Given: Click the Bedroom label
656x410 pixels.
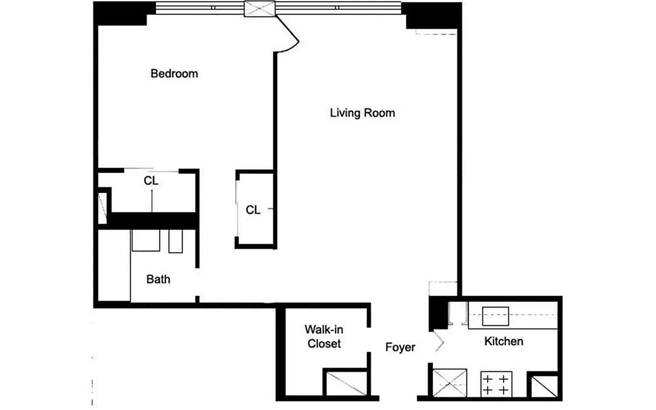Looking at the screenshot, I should pyautogui.click(x=174, y=74).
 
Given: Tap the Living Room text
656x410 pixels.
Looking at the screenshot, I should pyautogui.click(x=362, y=113).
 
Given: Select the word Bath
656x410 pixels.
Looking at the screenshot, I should pyautogui.click(x=158, y=279).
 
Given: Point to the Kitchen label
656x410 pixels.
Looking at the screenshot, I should pyautogui.click(x=504, y=341).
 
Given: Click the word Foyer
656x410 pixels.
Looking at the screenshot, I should pyautogui.click(x=400, y=347).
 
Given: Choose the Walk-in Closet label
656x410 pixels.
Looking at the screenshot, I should pyautogui.click(x=324, y=336).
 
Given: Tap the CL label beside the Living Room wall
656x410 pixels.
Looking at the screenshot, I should pyautogui.click(x=253, y=210).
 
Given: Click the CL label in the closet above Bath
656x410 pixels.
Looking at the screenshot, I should pyautogui.click(x=151, y=181).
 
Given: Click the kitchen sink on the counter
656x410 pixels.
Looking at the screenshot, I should pyautogui.click(x=495, y=316).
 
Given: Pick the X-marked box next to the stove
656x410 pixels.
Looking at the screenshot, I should pyautogui.click(x=450, y=384).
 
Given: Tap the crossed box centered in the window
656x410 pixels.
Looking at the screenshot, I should pyautogui.click(x=260, y=9).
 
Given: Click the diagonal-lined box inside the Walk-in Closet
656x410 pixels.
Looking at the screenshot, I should pyautogui.click(x=345, y=384).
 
